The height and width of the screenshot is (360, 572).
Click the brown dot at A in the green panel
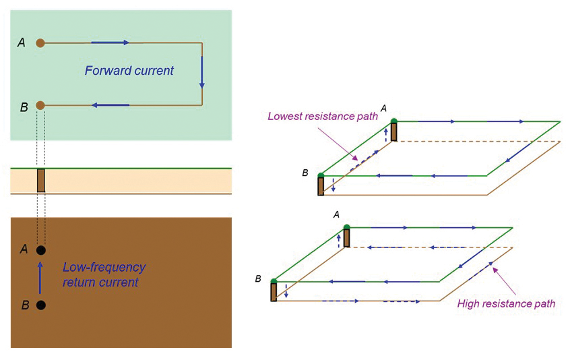[40, 43]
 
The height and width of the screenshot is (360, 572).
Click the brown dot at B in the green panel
[40, 105]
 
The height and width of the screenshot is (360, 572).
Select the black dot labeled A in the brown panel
[40, 250]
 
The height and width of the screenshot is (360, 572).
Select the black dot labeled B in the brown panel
[40, 305]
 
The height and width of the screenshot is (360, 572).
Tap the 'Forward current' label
[129, 71]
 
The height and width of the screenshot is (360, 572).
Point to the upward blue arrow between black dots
[40, 277]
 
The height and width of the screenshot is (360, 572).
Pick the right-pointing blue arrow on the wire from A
[110, 43]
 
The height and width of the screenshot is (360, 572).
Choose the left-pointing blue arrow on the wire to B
[110, 105]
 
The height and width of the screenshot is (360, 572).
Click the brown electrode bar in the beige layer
[40, 181]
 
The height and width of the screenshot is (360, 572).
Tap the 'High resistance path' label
[506, 303]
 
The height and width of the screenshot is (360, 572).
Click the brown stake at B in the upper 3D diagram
[321, 185]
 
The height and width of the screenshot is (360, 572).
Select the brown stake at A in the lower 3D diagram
[347, 237]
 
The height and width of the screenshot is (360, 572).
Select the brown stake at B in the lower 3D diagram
[274, 291]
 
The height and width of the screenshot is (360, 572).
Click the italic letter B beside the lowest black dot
[25, 305]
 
